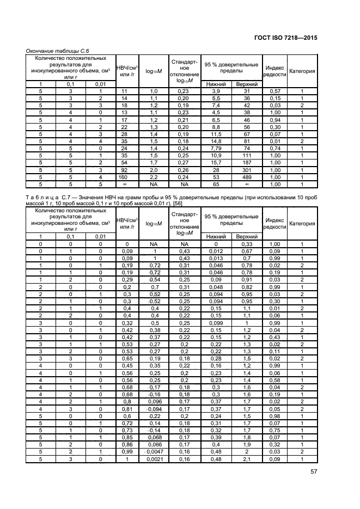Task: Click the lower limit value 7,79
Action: (x=216, y=148)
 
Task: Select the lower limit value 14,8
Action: (x=216, y=140)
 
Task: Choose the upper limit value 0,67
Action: (x=247, y=251)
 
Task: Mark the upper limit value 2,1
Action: (x=247, y=459)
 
